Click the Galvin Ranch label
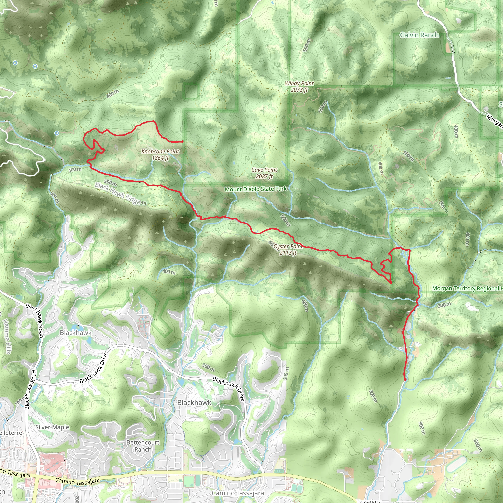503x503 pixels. tap(419, 35)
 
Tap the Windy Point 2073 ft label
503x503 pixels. tap(299, 86)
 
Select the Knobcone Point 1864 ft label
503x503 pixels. tap(160, 155)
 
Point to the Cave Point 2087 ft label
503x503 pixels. tap(264, 173)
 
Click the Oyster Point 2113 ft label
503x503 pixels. tap(288, 250)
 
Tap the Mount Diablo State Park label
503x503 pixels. tap(256, 189)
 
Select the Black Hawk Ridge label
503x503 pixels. tap(120, 194)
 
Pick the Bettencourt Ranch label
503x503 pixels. tap(143, 446)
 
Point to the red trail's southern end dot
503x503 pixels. tap(405, 380)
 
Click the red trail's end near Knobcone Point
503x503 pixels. tap(182, 142)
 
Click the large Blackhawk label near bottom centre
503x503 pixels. tap(194, 403)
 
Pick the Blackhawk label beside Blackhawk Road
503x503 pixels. tap(75, 333)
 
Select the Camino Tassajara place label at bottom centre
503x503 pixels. tap(238, 493)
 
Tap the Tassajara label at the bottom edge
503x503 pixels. tap(369, 501)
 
